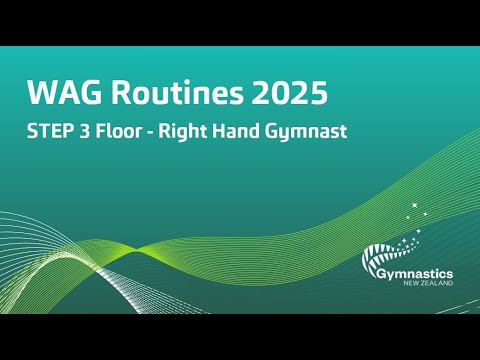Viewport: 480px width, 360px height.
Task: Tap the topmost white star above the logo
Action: click(x=412, y=204)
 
